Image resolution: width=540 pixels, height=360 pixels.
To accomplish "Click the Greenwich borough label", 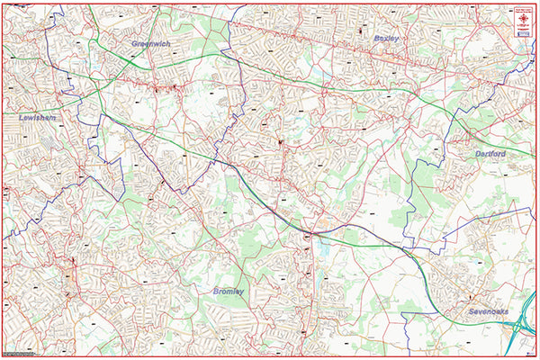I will click(150, 43).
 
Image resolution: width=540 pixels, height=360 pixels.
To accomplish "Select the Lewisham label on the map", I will click(37, 118).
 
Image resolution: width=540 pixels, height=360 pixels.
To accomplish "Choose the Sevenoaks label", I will click(488, 311).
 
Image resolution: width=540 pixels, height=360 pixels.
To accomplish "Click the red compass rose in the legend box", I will click(523, 17).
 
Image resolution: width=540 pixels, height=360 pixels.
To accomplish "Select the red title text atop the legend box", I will click(523, 7).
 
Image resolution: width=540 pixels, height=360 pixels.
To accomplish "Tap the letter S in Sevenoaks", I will click(471, 311).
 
